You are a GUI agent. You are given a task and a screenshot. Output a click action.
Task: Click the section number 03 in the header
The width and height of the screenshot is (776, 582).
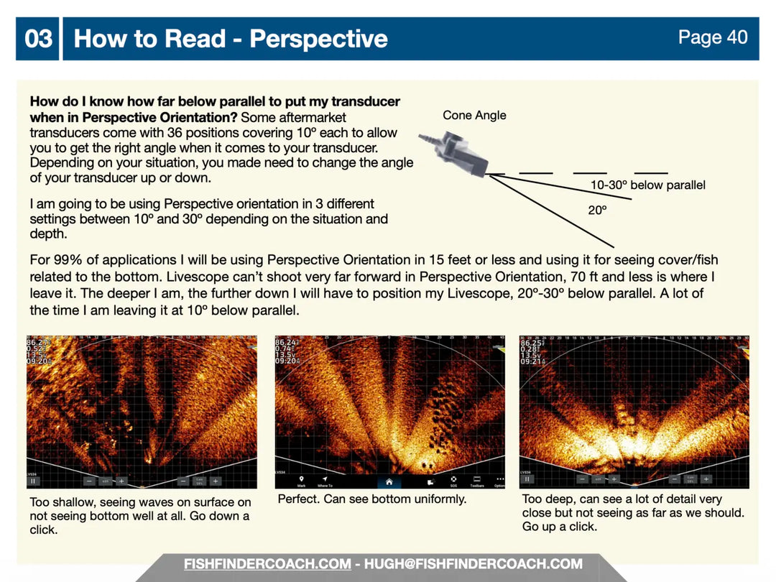(x=38, y=38)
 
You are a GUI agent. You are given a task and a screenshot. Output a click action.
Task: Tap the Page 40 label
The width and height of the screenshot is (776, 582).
(x=712, y=37)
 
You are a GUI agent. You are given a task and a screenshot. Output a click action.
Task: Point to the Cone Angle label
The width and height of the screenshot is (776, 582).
(x=474, y=115)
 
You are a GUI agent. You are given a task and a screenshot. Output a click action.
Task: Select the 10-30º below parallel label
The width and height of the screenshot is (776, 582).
(x=647, y=185)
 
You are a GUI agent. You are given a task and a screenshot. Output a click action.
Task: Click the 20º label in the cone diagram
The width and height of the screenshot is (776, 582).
(x=598, y=211)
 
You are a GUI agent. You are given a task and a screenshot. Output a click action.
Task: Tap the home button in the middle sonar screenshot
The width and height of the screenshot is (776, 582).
(x=389, y=482)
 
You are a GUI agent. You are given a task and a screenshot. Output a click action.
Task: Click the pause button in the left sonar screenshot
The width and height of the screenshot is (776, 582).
(x=34, y=481)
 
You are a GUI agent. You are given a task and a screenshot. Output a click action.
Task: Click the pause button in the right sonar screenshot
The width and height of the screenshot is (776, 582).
(x=527, y=479)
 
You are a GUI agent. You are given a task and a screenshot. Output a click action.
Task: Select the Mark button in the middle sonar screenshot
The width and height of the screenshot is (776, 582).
(x=301, y=481)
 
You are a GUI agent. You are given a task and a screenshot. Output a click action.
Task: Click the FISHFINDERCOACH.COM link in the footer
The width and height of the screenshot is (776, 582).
(x=267, y=564)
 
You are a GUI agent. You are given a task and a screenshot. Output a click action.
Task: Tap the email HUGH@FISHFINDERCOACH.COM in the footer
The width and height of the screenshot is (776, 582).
(x=474, y=564)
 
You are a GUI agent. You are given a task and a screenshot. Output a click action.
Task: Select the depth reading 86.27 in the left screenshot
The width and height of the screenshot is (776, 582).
(x=38, y=342)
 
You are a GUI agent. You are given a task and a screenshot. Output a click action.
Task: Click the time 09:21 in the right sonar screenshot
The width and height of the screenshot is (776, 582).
(x=531, y=361)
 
